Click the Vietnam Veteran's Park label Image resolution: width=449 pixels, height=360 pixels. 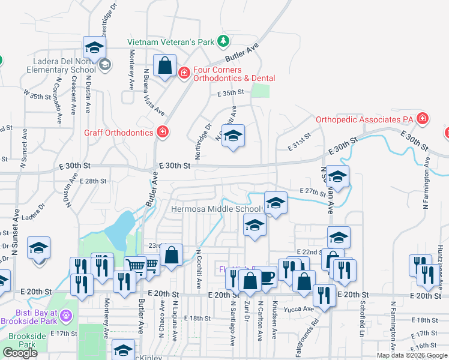point(170,42)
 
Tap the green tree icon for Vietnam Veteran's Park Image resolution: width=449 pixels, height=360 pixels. point(223,41)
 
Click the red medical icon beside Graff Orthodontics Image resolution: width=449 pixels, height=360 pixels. point(162,131)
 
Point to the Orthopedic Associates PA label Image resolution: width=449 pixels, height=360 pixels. point(366,119)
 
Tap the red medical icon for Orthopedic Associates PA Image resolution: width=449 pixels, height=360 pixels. point(423,118)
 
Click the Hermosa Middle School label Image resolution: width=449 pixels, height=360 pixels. point(216,209)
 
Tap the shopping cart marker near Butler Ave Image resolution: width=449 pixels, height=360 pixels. point(136,266)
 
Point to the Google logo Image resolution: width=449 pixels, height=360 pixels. point(20,353)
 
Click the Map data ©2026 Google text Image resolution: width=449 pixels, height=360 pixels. point(412,355)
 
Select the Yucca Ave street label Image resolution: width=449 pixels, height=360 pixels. point(300,310)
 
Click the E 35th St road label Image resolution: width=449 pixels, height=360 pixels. point(231,92)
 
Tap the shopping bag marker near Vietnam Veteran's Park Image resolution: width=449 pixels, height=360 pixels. point(164,65)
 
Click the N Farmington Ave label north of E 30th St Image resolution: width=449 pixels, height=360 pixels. point(427,182)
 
